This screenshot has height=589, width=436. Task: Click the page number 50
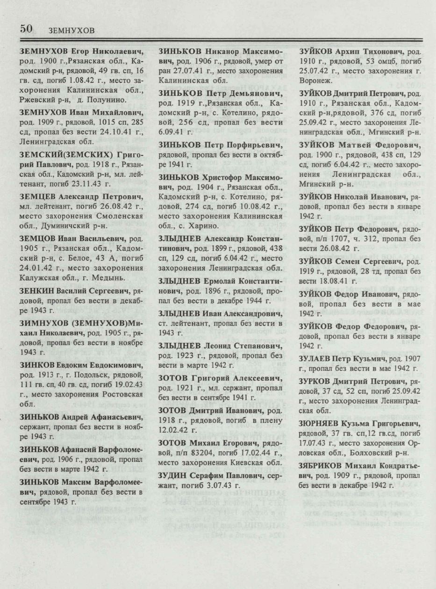point(26,28)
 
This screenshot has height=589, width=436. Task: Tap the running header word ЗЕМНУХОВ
point(71,31)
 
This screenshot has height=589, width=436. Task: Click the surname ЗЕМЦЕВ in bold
point(36,196)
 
